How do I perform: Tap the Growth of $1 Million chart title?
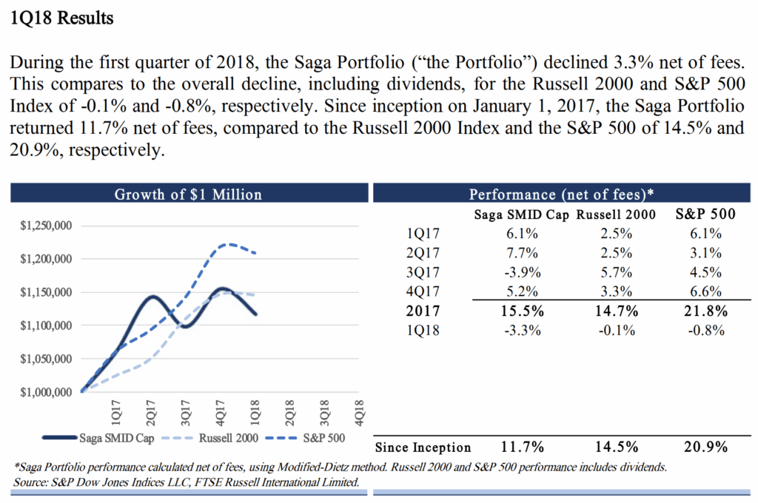click(x=188, y=195)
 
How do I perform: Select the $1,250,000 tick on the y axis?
click(x=46, y=226)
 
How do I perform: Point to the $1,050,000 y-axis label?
click(x=46, y=359)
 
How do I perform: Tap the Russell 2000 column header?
click(x=616, y=215)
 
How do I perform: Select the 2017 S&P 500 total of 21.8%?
click(x=705, y=311)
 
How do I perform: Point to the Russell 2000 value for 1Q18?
click(x=616, y=331)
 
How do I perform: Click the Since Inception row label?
click(x=423, y=448)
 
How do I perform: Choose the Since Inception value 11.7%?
click(x=521, y=448)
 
